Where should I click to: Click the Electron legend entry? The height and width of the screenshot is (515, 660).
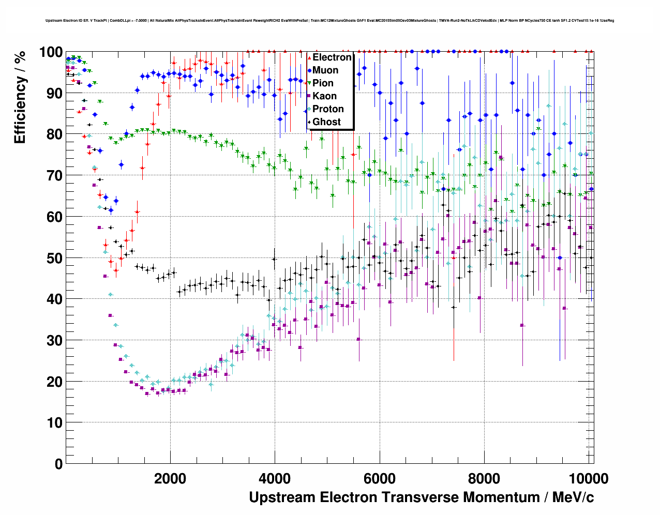tap(332, 57)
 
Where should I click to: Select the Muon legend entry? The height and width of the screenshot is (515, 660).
tap(325, 70)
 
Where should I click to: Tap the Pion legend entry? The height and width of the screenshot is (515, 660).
tap(323, 83)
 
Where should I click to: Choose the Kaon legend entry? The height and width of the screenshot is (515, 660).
tap(324, 96)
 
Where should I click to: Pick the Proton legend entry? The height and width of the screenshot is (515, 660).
tap(328, 109)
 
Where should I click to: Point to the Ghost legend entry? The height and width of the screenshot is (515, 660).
tap(326, 122)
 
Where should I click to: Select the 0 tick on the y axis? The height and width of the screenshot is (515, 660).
tap(58, 464)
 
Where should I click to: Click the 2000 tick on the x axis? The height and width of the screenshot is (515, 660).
tap(170, 479)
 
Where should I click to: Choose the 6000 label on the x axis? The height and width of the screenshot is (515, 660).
tap(380, 479)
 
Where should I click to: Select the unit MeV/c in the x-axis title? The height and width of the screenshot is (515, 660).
tap(573, 497)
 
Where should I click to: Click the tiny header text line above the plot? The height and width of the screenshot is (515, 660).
tap(329, 21)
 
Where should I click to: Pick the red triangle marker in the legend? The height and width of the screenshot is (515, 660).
tap(309, 57)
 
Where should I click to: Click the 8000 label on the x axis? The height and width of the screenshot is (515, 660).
tap(484, 479)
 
